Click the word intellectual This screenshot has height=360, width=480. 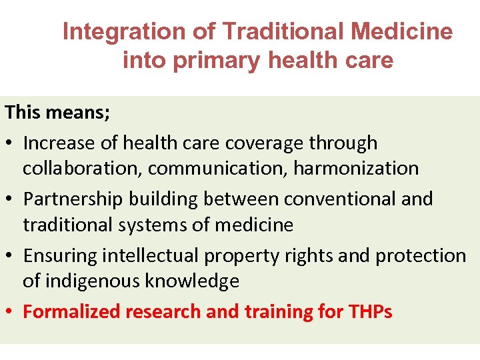(x=154, y=256)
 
